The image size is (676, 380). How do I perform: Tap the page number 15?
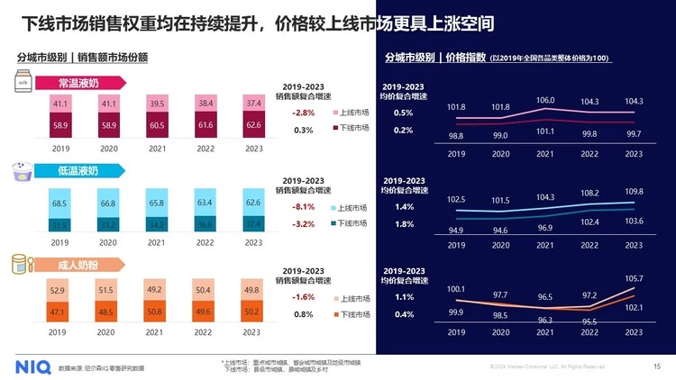tap(656, 366)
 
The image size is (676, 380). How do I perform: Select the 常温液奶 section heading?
tap(78, 83)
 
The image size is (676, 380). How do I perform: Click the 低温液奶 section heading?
tap(78, 170)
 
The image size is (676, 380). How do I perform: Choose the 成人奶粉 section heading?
tap(78, 265)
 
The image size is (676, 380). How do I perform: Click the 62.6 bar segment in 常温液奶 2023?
tap(253, 124)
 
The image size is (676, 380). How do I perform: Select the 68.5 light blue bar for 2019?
tap(59, 204)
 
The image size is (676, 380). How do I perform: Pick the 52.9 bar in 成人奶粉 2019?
tap(59, 291)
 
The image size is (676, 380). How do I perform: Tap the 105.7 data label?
tap(634, 278)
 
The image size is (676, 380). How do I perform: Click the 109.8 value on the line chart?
tap(634, 192)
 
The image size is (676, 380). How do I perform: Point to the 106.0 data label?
tap(544, 99)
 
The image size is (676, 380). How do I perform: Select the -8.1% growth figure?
tap(303, 207)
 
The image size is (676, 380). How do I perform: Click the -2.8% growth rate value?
tap(303, 113)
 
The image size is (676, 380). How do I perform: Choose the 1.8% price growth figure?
tap(404, 224)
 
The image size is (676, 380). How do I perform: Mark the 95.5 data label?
tap(589, 321)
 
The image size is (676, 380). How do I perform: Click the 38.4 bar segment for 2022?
tap(205, 104)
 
